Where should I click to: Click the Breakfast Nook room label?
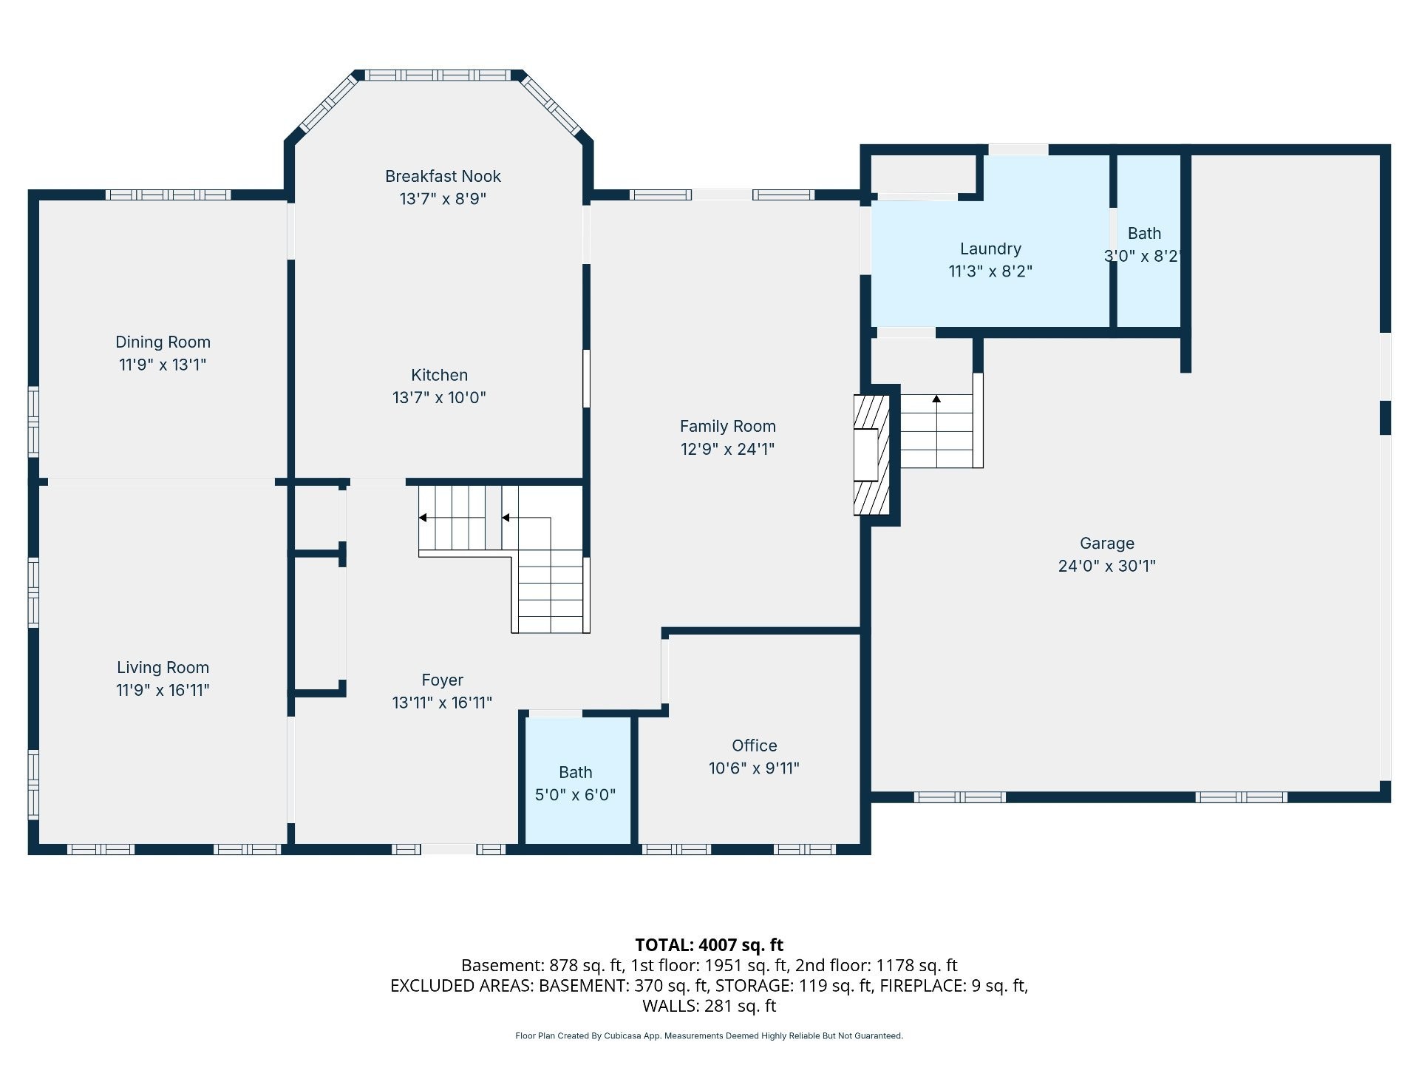(x=443, y=176)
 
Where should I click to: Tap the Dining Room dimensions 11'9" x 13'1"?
(x=163, y=365)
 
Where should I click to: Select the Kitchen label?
(x=439, y=375)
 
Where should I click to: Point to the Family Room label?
(x=727, y=426)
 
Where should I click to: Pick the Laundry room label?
(x=990, y=249)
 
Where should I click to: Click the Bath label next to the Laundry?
(x=1144, y=233)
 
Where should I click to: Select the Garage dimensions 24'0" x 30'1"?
(x=1106, y=566)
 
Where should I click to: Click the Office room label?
(x=754, y=745)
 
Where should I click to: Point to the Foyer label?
(x=442, y=680)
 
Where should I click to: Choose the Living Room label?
(x=163, y=667)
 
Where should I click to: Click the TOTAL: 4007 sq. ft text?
(x=709, y=944)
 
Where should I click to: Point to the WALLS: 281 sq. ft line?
(x=709, y=1006)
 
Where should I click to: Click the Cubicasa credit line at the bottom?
(x=709, y=1036)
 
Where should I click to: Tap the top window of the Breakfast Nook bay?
(x=438, y=75)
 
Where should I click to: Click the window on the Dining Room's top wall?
(x=169, y=195)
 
